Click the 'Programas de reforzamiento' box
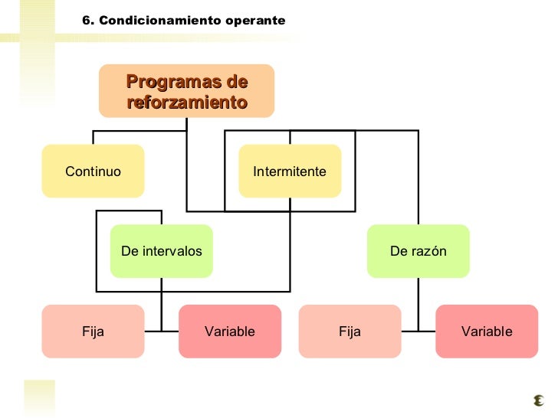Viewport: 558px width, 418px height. click(186, 91)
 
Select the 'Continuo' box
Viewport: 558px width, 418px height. click(94, 171)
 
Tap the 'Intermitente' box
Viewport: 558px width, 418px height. click(290, 171)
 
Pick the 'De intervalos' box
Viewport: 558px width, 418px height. click(162, 251)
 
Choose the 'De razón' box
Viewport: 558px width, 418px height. click(418, 251)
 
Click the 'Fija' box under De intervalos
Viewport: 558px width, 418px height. click(93, 331)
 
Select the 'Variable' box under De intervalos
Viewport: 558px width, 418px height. click(230, 331)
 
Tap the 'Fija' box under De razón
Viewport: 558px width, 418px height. click(350, 331)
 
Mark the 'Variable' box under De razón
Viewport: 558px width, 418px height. click(487, 331)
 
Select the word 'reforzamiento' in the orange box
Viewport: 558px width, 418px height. click(186, 102)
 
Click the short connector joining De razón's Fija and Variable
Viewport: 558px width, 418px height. click(418, 331)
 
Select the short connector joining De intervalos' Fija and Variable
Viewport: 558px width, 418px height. click(162, 331)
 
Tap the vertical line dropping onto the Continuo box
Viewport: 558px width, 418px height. click(94, 138)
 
